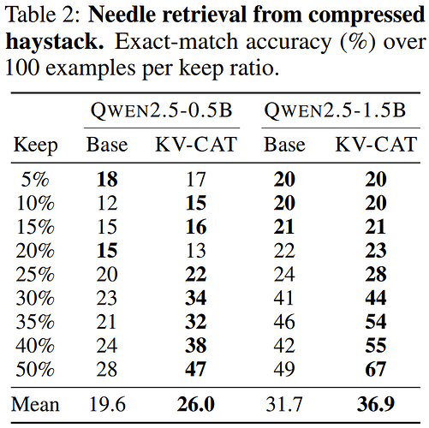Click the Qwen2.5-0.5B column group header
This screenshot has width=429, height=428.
(x=162, y=110)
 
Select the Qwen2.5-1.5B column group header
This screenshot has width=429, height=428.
(x=335, y=110)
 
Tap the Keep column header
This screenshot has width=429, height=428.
(x=36, y=146)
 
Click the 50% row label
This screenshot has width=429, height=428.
(x=35, y=369)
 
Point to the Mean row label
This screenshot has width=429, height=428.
(x=35, y=404)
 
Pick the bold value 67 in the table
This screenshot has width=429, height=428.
(x=376, y=369)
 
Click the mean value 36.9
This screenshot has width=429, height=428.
(x=376, y=404)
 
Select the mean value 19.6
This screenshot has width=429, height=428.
(x=107, y=404)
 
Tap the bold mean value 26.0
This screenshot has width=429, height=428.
(x=196, y=404)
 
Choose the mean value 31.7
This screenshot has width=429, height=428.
(x=284, y=404)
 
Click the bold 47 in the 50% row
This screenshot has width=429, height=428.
(x=196, y=369)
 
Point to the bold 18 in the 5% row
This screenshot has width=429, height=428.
(x=107, y=180)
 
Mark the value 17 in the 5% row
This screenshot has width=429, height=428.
(x=196, y=180)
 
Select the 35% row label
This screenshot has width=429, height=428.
(x=35, y=322)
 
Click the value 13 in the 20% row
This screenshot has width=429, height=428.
(x=196, y=251)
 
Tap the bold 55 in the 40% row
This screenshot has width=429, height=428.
(x=376, y=345)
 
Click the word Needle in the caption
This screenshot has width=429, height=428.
(x=121, y=15)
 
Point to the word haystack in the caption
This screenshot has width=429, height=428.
(x=55, y=42)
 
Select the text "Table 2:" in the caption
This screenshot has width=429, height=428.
(x=43, y=15)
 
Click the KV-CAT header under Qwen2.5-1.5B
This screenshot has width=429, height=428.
(x=376, y=145)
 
